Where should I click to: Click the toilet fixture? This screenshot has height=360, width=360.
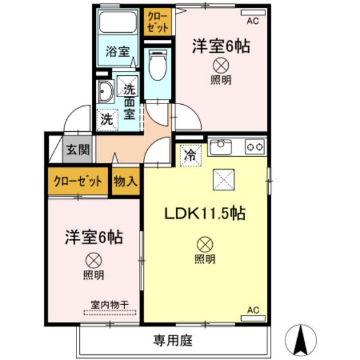pyautogui.click(x=157, y=65)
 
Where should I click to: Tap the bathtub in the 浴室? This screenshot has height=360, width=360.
pyautogui.click(x=118, y=22)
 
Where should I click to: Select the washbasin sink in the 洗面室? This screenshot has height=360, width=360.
pyautogui.click(x=105, y=91)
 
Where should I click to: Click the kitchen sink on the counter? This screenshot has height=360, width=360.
pyautogui.click(x=221, y=147)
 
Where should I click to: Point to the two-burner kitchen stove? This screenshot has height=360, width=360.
pyautogui.click(x=255, y=147)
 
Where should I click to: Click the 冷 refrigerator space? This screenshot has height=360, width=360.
pyautogui.click(x=191, y=156)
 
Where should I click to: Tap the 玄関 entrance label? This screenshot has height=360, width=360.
pyautogui.click(x=78, y=150)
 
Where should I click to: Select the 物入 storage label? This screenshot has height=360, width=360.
pyautogui.click(x=125, y=181)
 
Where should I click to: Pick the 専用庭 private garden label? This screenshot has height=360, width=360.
pyautogui.click(x=173, y=340)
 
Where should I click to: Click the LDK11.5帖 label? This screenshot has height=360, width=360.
pyautogui.click(x=205, y=213)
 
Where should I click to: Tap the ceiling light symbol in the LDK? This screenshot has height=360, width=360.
pyautogui.click(x=205, y=244)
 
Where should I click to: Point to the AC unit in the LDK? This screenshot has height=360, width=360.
pyautogui.click(x=253, y=318)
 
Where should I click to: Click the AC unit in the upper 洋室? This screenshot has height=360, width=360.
pyautogui.click(x=253, y=13)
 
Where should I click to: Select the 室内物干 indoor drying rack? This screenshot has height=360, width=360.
pyautogui.click(x=110, y=312)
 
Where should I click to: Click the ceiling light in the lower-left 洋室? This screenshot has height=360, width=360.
pyautogui.click(x=93, y=260)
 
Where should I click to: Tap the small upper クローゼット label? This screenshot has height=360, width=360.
pyautogui.click(x=157, y=22)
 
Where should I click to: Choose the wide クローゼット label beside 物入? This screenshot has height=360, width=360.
pyautogui.click(x=78, y=181)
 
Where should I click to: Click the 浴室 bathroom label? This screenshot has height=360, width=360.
pyautogui.click(x=118, y=51)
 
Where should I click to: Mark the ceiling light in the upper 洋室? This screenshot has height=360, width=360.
pyautogui.click(x=221, y=66)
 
